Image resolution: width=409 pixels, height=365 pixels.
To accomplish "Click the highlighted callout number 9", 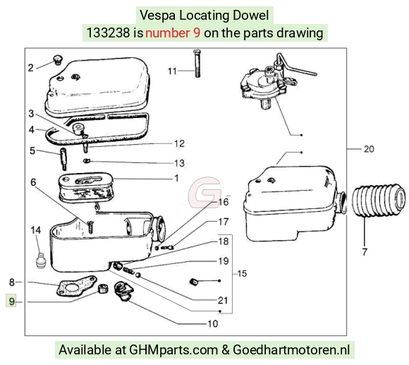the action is [11, 301].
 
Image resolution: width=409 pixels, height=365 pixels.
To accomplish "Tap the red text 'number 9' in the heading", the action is [173, 33].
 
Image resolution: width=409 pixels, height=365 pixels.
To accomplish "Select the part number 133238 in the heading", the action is [108, 33].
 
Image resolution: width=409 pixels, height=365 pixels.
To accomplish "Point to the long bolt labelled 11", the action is [197, 64].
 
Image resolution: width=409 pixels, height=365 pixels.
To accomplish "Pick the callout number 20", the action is [369, 149].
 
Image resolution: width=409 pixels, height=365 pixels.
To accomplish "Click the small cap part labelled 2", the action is [58, 59].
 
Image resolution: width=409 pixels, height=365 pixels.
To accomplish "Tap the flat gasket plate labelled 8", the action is [76, 287].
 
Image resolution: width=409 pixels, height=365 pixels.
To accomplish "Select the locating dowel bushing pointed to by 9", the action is [102, 289].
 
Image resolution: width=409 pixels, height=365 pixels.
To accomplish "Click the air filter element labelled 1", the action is [86, 187].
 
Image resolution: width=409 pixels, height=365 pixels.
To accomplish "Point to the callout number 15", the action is [242, 273].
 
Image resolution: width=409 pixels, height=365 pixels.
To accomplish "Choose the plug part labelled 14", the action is [40, 260].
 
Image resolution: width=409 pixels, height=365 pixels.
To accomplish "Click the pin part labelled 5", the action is [63, 158].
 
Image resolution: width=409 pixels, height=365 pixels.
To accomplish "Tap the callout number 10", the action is [212, 324].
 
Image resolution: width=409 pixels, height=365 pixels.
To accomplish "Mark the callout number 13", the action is [179, 163].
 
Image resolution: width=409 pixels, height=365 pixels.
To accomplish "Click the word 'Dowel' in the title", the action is [250, 15].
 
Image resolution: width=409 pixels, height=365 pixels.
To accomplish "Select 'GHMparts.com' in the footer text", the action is [173, 350].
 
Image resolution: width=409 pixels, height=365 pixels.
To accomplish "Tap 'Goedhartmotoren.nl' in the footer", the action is [291, 350].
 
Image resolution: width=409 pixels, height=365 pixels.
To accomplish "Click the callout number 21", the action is [223, 301].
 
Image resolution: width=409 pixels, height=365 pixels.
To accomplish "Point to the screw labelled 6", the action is [90, 227].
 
